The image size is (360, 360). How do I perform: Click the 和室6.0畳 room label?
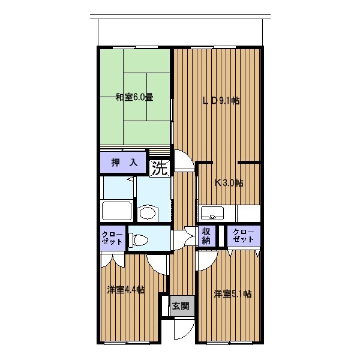[134, 97]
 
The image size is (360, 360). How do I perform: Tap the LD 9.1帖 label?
[221, 101]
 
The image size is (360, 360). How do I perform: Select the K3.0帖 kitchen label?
[229, 183]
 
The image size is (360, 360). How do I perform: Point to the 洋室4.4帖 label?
[126, 290]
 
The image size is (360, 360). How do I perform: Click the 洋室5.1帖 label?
[233, 293]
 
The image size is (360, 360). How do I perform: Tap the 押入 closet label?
[124, 163]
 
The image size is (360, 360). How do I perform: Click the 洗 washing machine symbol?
[160, 169]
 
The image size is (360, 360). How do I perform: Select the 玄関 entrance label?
[181, 306]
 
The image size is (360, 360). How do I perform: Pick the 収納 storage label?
[206, 236]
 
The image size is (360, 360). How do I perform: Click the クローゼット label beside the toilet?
[112, 238]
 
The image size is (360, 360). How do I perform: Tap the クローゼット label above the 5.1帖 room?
[244, 236]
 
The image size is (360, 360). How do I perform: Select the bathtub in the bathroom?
[116, 211]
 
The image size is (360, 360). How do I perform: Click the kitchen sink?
[212, 212]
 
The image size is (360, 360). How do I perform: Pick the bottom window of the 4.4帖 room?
[127, 343]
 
